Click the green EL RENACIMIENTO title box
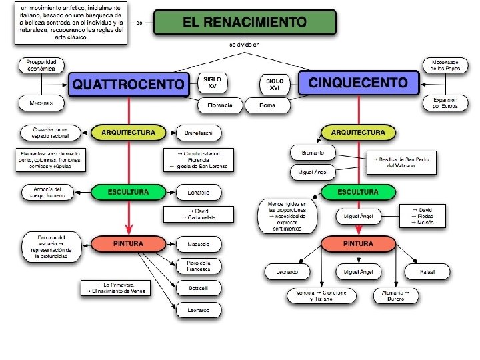pyautogui.click(x=245, y=22)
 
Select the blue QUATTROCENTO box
pyautogui.click(x=128, y=84)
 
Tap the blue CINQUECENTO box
pyautogui.click(x=359, y=83)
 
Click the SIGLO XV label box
pyautogui.click(x=213, y=83)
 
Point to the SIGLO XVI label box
pyautogui.click(x=274, y=83)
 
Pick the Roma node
pyautogui.click(x=267, y=105)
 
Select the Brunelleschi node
pyautogui.click(x=198, y=133)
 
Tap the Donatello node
pyautogui.click(x=198, y=193)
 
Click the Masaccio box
pyautogui.click(x=198, y=245)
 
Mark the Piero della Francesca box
pyautogui.click(x=198, y=266)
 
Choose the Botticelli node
pyautogui.click(x=198, y=288)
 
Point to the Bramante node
pyautogui.click(x=313, y=152)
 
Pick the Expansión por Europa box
pyautogui.click(x=445, y=103)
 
